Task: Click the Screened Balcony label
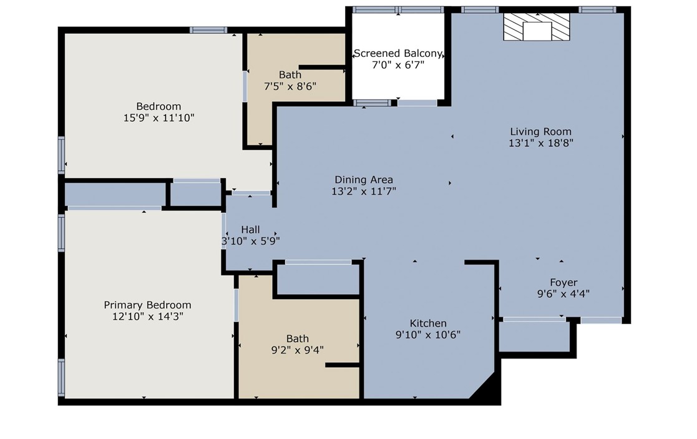pyautogui.click(x=398, y=54)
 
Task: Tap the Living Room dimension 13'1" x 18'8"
pyautogui.click(x=540, y=143)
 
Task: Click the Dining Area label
pyautogui.click(x=364, y=180)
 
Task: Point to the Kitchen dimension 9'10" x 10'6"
pyautogui.click(x=428, y=335)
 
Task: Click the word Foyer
pyautogui.click(x=563, y=282)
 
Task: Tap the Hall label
pyautogui.click(x=250, y=229)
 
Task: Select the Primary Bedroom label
pyautogui.click(x=147, y=305)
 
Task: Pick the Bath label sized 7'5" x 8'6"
pyautogui.click(x=290, y=75)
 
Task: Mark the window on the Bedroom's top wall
pyautogui.click(x=208, y=29)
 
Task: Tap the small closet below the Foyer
pyautogui.click(x=535, y=337)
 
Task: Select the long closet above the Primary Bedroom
pyautogui.click(x=115, y=194)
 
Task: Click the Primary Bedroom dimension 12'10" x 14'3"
pyautogui.click(x=147, y=317)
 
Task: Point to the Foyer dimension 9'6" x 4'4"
pyautogui.click(x=563, y=293)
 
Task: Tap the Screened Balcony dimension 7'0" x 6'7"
pyautogui.click(x=398, y=65)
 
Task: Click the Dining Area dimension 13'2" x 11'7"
pyautogui.click(x=364, y=192)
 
